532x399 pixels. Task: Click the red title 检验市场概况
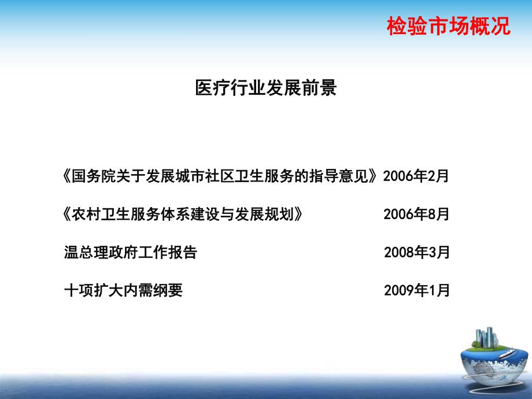(449, 27)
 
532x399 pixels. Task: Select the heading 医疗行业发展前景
(265, 88)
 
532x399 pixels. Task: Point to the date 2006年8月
(416, 215)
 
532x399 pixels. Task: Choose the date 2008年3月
(416, 252)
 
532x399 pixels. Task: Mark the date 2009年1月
(416, 290)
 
